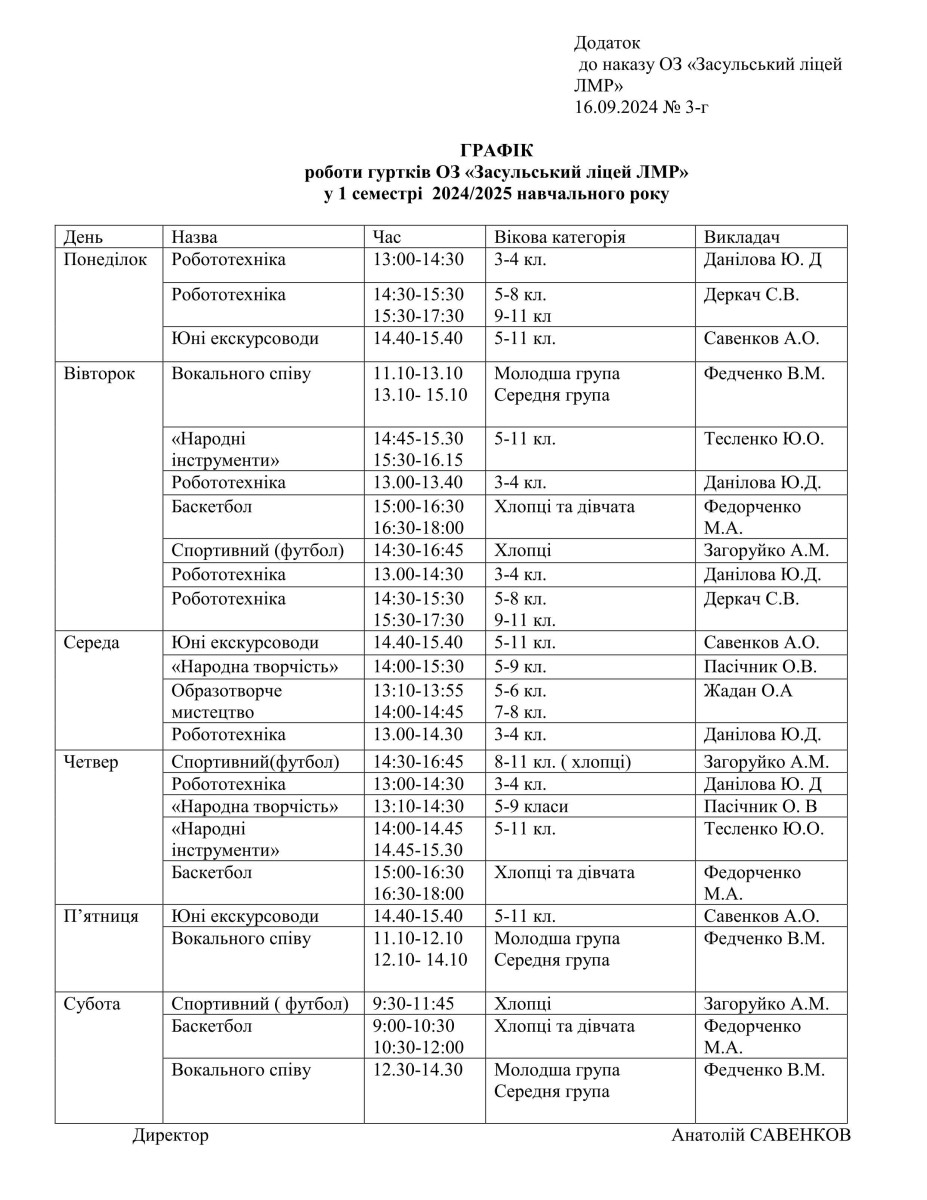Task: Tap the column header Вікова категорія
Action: [x=559, y=237]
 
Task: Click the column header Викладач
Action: [x=743, y=237]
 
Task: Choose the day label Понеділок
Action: [x=105, y=260]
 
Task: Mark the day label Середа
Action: [x=92, y=643]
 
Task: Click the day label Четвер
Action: [x=91, y=762]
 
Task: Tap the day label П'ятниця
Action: [x=101, y=916]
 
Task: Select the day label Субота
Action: [x=92, y=1004]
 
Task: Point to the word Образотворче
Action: [x=227, y=691]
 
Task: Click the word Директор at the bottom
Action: [x=171, y=1136]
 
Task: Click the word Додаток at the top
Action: [x=607, y=43]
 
